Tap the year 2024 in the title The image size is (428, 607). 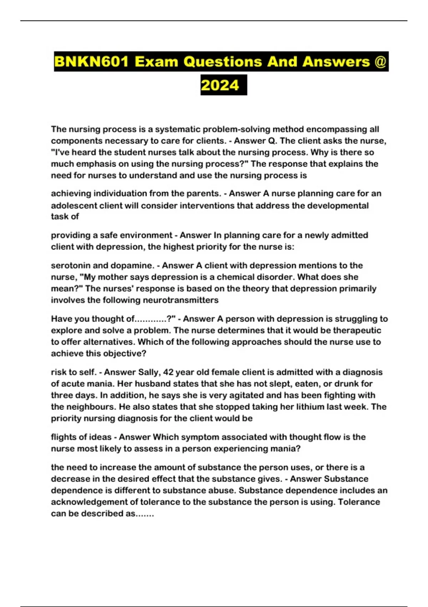(220, 85)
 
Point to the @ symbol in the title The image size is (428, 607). (381, 62)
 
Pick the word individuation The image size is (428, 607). (120, 194)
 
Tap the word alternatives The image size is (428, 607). (108, 342)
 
